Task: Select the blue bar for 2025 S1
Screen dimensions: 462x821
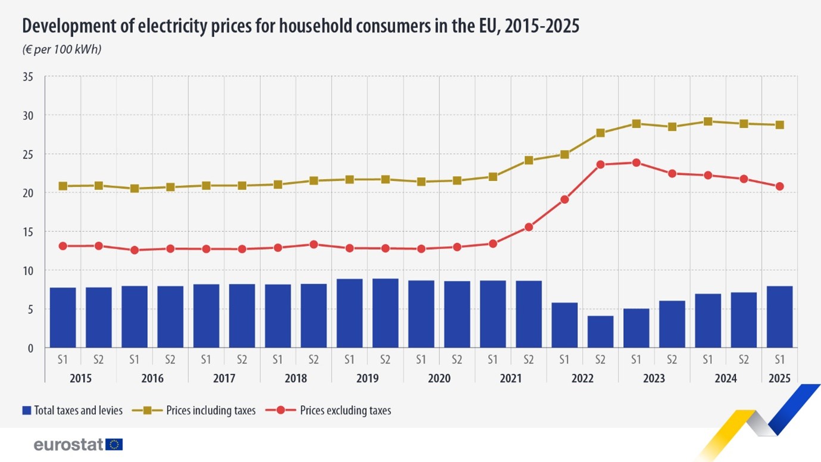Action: (779, 317)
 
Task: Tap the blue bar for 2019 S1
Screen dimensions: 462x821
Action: (349, 313)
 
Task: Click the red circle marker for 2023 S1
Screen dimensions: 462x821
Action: (636, 163)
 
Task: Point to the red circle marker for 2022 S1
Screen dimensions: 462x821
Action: (564, 199)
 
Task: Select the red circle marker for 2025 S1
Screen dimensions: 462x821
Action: (779, 186)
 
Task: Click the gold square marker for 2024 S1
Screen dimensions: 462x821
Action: (708, 121)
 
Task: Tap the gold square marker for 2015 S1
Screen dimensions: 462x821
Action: (63, 186)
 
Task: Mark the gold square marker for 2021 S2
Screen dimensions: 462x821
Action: (529, 160)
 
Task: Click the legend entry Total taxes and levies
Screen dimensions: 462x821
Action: (72, 410)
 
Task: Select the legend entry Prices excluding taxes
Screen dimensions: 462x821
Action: (336, 410)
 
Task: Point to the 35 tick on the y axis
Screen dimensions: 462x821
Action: (28, 77)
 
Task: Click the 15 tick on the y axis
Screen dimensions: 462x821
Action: (28, 232)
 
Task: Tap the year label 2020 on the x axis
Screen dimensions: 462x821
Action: (439, 379)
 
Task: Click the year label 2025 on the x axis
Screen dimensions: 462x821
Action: (779, 379)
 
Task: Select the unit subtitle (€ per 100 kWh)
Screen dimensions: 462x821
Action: (62, 49)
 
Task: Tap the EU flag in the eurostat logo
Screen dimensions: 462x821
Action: (114, 444)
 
